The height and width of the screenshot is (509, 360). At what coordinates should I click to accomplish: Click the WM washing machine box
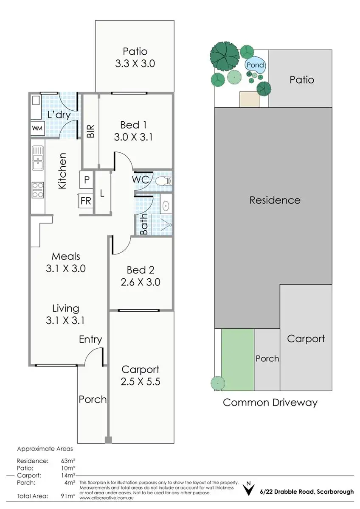37,128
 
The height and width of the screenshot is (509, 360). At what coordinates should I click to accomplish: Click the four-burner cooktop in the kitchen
38,190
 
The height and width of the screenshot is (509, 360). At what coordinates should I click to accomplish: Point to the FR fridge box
86,201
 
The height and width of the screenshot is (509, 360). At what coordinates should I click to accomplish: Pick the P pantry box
87,180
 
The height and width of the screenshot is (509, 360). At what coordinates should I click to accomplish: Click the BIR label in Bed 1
90,131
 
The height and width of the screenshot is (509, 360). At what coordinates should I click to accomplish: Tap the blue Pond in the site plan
256,65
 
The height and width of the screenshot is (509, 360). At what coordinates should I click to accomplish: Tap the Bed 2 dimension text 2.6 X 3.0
141,282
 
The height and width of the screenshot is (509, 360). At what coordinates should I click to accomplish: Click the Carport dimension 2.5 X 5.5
141,381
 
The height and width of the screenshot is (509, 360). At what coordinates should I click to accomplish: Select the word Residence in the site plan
275,200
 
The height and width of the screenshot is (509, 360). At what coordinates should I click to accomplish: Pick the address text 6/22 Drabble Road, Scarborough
307,492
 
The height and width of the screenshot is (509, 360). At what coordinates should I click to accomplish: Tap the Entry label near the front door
90,339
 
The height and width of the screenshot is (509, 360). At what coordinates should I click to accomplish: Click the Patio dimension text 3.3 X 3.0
135,64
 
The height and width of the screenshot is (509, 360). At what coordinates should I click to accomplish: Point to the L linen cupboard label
102,193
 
